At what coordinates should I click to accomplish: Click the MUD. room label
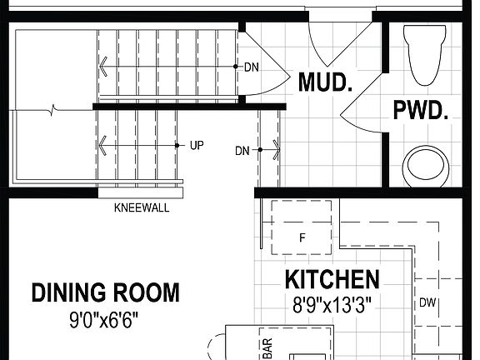(x=326, y=83)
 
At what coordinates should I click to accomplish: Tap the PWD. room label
(x=422, y=110)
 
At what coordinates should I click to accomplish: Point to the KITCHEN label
(x=332, y=279)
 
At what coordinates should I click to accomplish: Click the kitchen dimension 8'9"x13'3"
(x=332, y=303)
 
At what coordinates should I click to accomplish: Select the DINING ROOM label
(x=105, y=292)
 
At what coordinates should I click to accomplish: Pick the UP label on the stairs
(x=197, y=145)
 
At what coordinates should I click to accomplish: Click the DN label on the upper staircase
(x=251, y=66)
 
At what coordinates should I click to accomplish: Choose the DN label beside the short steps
(x=242, y=151)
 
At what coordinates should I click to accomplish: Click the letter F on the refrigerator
(x=302, y=237)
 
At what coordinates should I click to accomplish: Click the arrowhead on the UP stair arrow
(x=102, y=146)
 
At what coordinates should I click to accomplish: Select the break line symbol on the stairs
(x=55, y=108)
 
